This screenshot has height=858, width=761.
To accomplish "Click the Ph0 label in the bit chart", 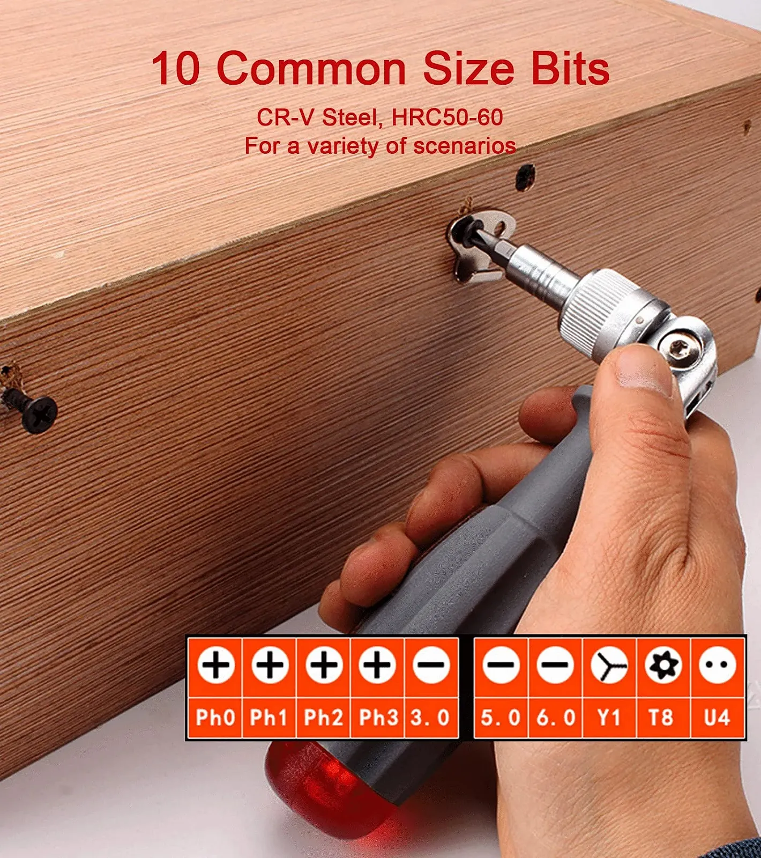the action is (x=215, y=718).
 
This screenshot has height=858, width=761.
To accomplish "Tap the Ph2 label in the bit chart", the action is (x=323, y=718).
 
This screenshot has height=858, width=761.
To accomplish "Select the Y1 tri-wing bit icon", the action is (x=609, y=665).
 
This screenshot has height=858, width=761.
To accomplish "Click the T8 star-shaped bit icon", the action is (x=663, y=665).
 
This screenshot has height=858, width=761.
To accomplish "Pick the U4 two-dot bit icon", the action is (x=718, y=665).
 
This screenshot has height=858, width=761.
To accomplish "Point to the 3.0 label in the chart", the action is (x=430, y=718).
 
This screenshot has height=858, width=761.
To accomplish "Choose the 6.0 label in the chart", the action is (x=555, y=718).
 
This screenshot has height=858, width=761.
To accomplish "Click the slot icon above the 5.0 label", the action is (x=501, y=665).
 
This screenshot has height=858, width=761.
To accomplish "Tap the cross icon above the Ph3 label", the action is (x=378, y=665).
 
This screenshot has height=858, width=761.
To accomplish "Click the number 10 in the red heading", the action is (x=176, y=69).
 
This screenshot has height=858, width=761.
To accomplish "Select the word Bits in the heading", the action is (x=570, y=68).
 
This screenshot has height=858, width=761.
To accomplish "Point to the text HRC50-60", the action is (x=447, y=117).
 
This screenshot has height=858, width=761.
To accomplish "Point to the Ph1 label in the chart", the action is (x=269, y=718).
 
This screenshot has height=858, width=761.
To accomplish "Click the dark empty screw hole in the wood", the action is (x=525, y=177).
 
